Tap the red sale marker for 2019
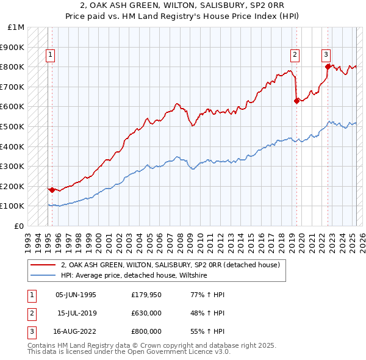296,101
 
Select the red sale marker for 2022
328,67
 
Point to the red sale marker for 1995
52,190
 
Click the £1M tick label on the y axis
16,27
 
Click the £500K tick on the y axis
13,126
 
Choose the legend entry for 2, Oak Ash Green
170,265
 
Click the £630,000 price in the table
146,313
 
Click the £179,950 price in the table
146,295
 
